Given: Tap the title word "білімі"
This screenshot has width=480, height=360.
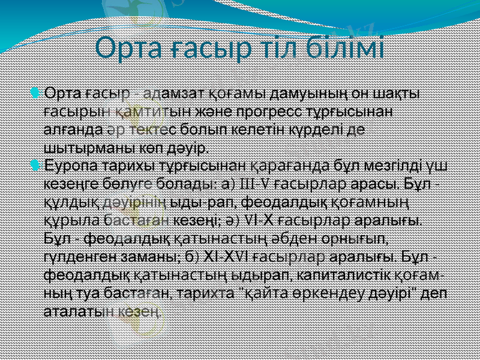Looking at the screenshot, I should [348, 48].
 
